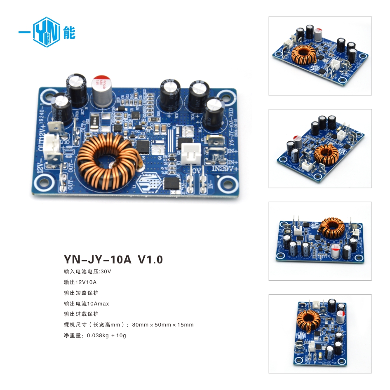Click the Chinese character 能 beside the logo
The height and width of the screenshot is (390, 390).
69,33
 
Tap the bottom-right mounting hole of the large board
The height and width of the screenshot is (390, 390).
226,182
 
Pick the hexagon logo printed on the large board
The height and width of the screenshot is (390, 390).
149,181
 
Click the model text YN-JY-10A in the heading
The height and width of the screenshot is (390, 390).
97,260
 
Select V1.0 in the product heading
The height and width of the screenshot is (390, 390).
150,260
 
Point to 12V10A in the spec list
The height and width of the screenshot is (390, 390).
86,282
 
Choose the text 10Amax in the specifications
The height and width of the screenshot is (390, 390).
96,304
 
